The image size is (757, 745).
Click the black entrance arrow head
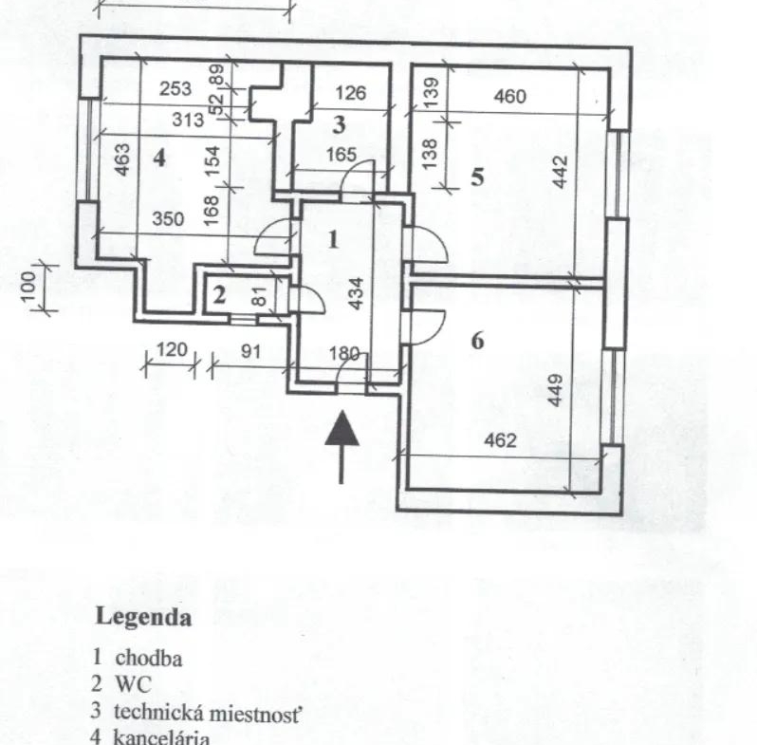[x=342, y=428]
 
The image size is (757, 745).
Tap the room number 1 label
[x=333, y=240]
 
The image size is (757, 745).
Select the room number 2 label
[x=219, y=295]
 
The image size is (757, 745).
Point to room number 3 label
[x=340, y=124]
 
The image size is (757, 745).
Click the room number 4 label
[x=159, y=158]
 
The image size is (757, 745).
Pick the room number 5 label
[x=477, y=177]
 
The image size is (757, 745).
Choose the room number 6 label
[x=477, y=341]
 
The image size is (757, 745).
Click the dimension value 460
[x=509, y=97]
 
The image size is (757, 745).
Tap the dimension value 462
[x=500, y=440]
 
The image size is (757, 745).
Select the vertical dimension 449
[x=555, y=390]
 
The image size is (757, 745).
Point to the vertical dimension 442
[x=560, y=172]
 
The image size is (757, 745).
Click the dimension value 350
[x=168, y=219]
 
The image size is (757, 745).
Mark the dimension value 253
[x=175, y=89]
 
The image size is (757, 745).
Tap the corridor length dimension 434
[x=356, y=293]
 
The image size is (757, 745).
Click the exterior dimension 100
[x=28, y=286]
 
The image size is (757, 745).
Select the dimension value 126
[x=351, y=93]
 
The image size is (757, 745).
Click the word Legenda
[x=144, y=617]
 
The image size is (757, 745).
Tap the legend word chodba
[x=149, y=658]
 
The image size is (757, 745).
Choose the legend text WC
[x=133, y=684]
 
